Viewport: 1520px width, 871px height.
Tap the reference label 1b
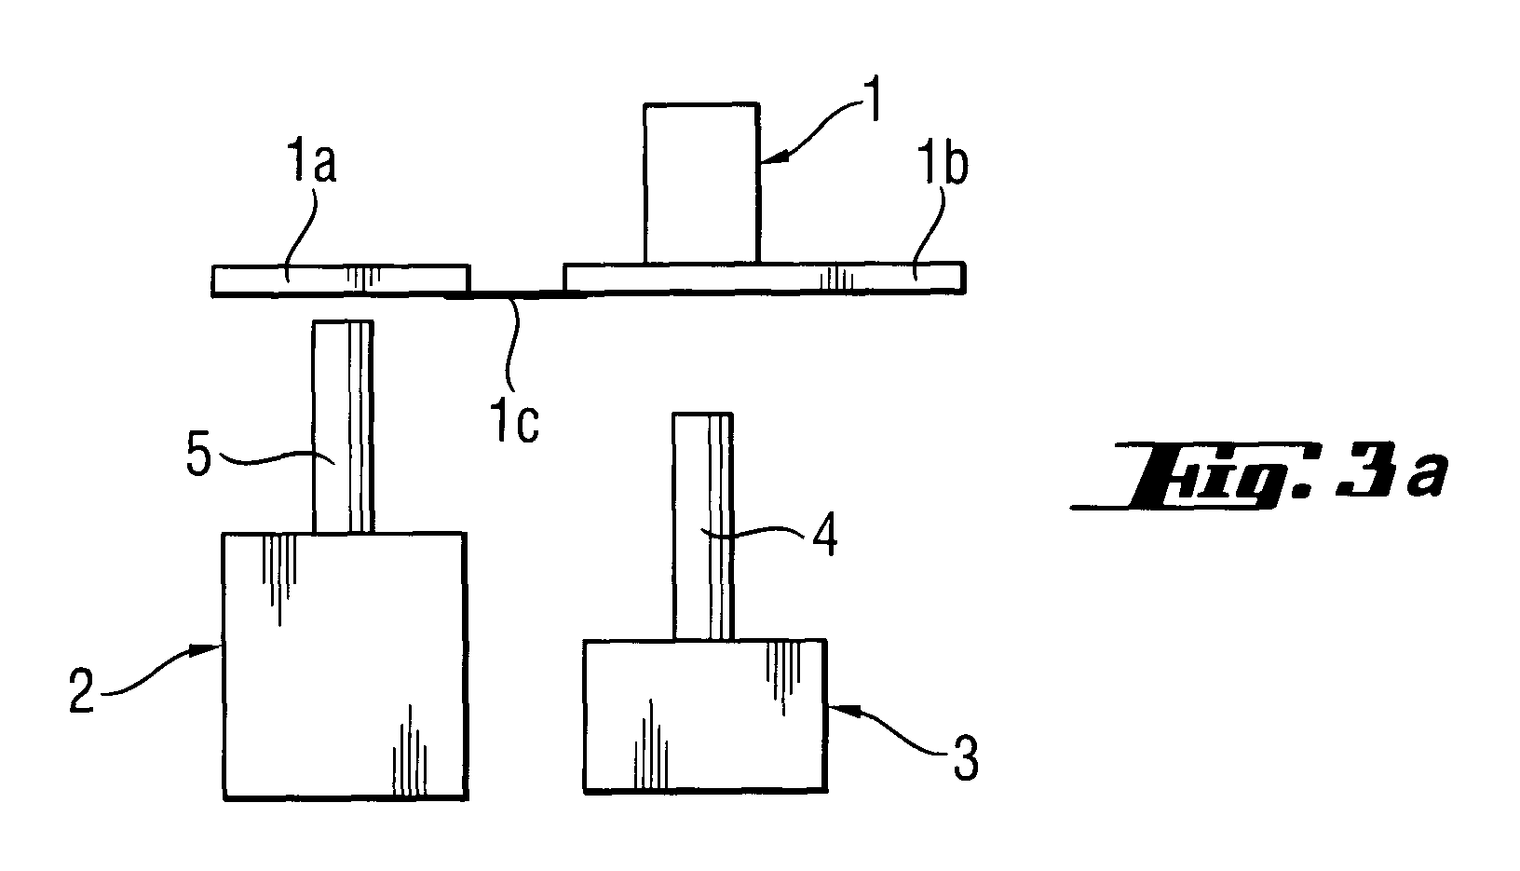coord(943,164)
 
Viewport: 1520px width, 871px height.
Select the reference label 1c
coord(515,422)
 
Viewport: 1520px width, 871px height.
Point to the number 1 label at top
coord(873,101)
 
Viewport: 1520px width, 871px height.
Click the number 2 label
coord(82,690)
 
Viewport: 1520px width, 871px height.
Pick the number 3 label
coord(966,758)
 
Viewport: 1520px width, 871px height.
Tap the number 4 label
coord(824,535)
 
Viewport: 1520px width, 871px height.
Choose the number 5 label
coord(198,455)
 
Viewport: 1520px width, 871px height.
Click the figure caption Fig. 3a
coord(1260,474)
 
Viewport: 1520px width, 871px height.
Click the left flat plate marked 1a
coord(341,280)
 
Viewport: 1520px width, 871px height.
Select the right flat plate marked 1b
coord(764,279)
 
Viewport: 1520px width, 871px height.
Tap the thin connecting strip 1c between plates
coord(516,294)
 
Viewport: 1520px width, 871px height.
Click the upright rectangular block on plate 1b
coord(701,183)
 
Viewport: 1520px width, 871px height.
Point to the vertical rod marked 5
coord(343,427)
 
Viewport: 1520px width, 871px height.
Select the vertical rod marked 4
coord(702,526)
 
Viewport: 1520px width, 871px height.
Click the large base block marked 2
coord(345,666)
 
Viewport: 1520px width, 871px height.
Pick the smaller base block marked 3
coord(705,715)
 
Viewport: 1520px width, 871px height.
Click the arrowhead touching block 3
coord(841,711)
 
